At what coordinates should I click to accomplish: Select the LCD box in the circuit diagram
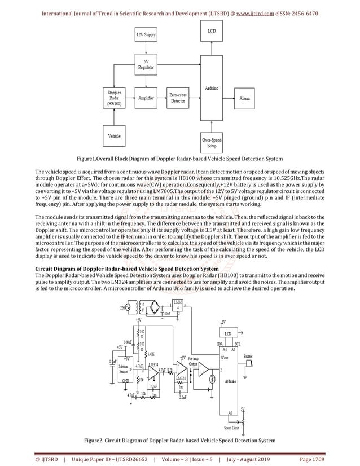tap(228, 333)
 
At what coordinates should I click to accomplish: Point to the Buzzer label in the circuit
tap(248, 357)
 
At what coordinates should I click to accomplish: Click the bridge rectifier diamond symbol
tap(152, 308)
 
